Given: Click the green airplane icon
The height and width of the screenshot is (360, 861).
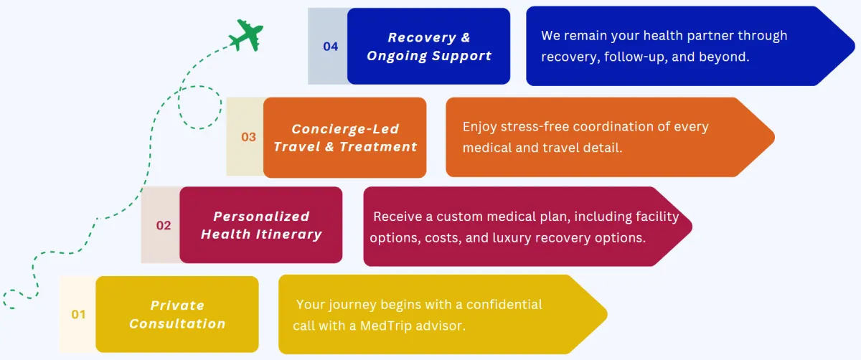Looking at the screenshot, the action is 246,35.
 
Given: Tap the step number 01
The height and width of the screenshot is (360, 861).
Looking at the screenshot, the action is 78,315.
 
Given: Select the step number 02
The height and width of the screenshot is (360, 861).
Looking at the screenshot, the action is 164,225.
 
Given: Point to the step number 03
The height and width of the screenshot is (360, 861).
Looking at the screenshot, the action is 248,137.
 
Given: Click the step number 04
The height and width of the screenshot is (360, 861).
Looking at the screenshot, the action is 331,47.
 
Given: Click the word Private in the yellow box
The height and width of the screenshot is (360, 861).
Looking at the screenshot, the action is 177,305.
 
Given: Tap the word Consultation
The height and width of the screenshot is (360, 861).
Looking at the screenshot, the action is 177,324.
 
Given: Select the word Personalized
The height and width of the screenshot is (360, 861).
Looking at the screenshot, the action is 261,217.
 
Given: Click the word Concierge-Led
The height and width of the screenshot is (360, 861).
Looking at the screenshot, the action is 345,129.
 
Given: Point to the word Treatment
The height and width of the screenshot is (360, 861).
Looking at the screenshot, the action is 378,147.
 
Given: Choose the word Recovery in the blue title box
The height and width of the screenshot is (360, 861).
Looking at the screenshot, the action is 422,38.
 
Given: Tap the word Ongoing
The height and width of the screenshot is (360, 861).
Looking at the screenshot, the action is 397,56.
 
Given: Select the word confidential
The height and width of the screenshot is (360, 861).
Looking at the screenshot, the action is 504,305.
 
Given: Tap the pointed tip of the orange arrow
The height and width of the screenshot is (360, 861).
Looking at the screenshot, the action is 773,137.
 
